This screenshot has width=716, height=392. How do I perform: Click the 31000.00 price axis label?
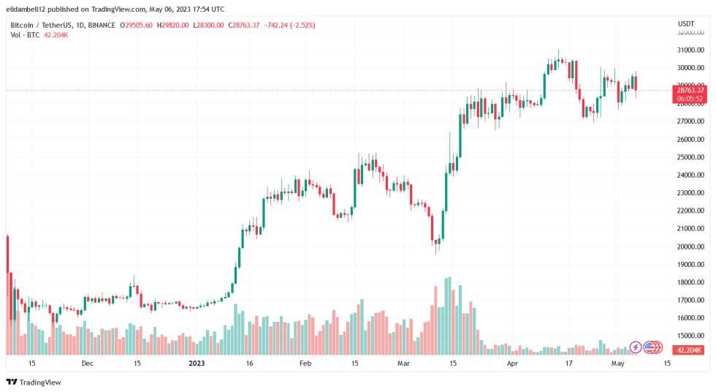(690, 50)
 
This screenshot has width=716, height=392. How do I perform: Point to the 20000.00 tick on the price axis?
(690, 246)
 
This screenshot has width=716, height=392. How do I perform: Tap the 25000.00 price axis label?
(690, 157)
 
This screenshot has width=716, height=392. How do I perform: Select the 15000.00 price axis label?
(690, 336)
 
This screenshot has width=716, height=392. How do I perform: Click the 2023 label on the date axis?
(197, 363)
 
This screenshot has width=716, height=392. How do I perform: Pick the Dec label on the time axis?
(87, 363)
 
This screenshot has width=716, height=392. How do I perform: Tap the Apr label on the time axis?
(512, 363)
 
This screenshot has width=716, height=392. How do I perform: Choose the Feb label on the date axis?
(305, 363)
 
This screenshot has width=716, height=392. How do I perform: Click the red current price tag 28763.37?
(690, 90)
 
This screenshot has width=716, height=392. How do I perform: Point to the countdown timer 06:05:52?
(690, 98)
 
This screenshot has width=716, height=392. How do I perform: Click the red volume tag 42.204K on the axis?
(690, 350)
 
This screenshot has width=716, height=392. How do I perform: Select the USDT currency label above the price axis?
(686, 23)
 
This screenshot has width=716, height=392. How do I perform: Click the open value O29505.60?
(135, 25)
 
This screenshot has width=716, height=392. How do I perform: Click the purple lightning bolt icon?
(636, 347)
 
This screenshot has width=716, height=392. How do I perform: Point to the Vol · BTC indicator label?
(24, 34)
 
